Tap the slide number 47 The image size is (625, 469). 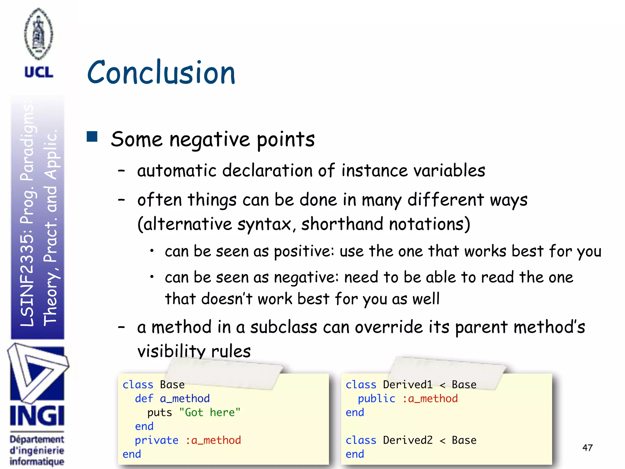click(587, 448)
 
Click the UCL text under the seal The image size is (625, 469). click(39, 72)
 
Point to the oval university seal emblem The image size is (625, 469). click(39, 34)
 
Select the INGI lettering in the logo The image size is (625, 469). click(37, 416)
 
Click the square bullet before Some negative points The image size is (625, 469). click(92, 137)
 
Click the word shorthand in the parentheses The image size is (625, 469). click(342, 224)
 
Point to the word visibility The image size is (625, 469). click(171, 351)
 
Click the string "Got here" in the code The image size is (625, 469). click(210, 413)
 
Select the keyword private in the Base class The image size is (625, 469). click(157, 440)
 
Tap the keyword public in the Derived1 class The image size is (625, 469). click(377, 398)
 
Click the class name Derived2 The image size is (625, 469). click(408, 440)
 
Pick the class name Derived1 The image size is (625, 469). click(408, 385)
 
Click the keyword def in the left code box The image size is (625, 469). click(144, 398)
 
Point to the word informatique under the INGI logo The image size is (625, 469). click(37, 461)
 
